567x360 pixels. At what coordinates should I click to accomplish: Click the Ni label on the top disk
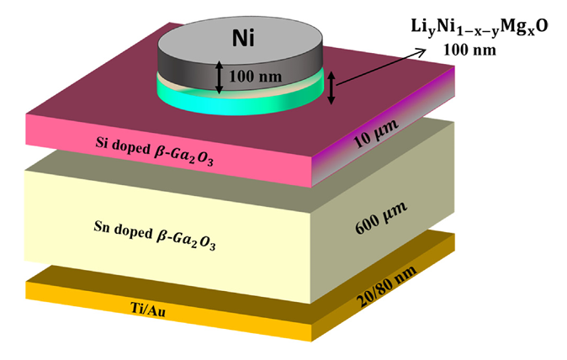(239, 38)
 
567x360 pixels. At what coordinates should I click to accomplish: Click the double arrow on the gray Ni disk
(219, 77)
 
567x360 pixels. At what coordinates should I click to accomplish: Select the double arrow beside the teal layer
(331, 88)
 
